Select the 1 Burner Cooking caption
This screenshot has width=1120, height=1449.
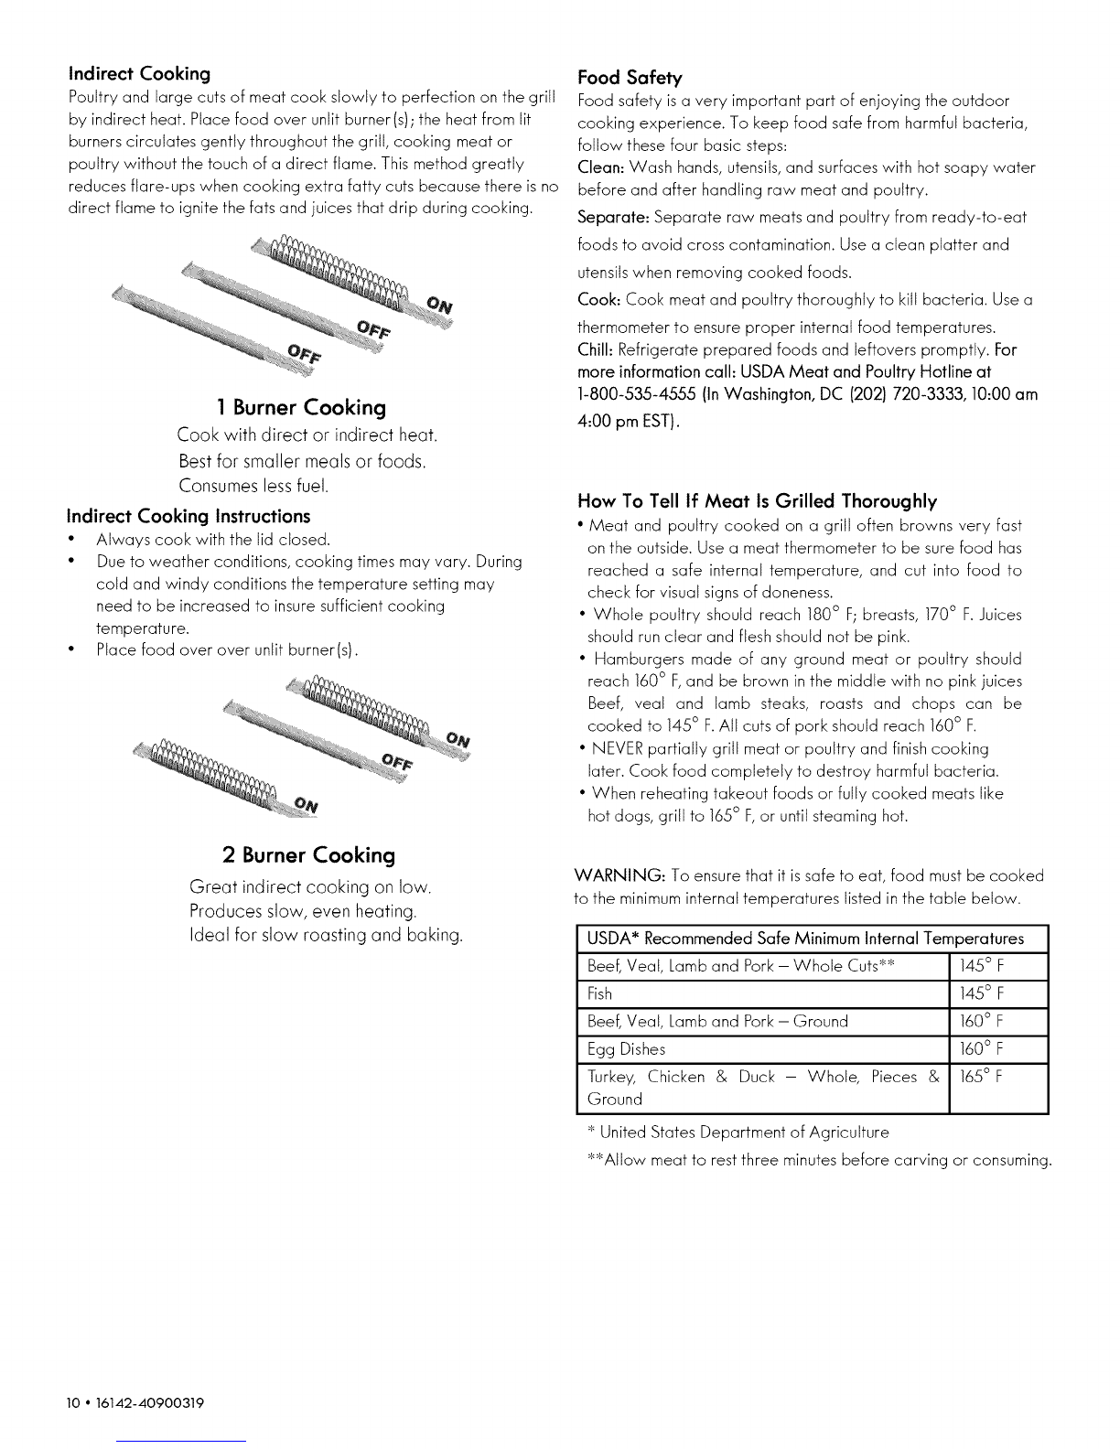coord(301,407)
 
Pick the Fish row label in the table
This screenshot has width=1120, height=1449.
coord(599,993)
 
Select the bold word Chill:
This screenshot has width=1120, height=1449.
coord(597,350)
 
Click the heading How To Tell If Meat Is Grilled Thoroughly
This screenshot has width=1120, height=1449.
coord(757,501)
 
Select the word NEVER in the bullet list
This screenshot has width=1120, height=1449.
coord(619,748)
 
